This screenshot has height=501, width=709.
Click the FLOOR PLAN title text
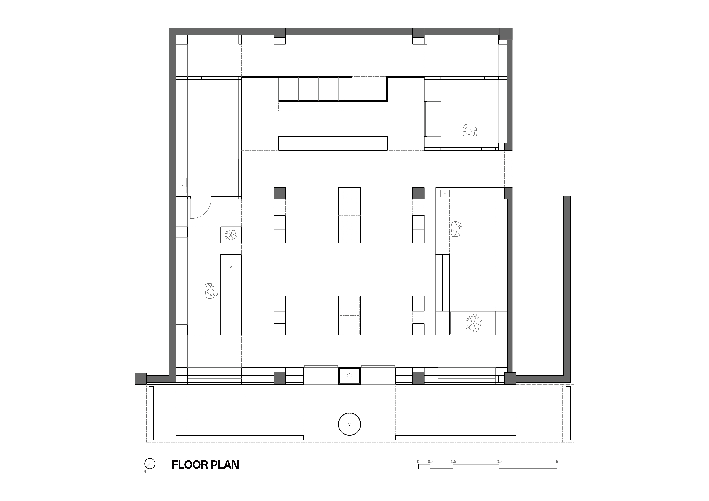tap(205, 465)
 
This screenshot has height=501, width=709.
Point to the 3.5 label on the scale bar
tap(500, 462)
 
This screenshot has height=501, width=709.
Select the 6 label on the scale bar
tap(557, 462)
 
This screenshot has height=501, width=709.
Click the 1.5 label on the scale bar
tap(453, 462)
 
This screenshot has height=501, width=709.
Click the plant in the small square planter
tap(231, 235)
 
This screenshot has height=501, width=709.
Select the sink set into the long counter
tap(231, 267)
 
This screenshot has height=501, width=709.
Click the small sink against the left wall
tap(182, 185)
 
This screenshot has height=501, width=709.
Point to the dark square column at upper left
tap(279, 193)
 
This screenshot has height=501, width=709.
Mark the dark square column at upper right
tap(418, 193)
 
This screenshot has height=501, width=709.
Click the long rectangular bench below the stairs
tap(333, 143)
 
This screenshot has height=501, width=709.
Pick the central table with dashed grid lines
tap(350, 215)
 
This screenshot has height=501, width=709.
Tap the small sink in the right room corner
tap(445, 193)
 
